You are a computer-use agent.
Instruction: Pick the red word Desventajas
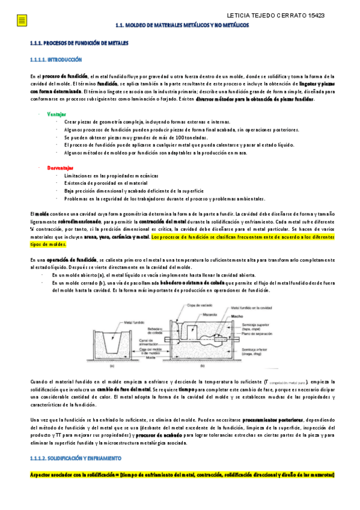pyautogui.click(x=59, y=167)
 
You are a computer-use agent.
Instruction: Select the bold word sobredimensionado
pyautogui.click(x=84, y=222)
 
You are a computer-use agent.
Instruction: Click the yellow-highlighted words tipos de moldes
pyautogui.click(x=48, y=245)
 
